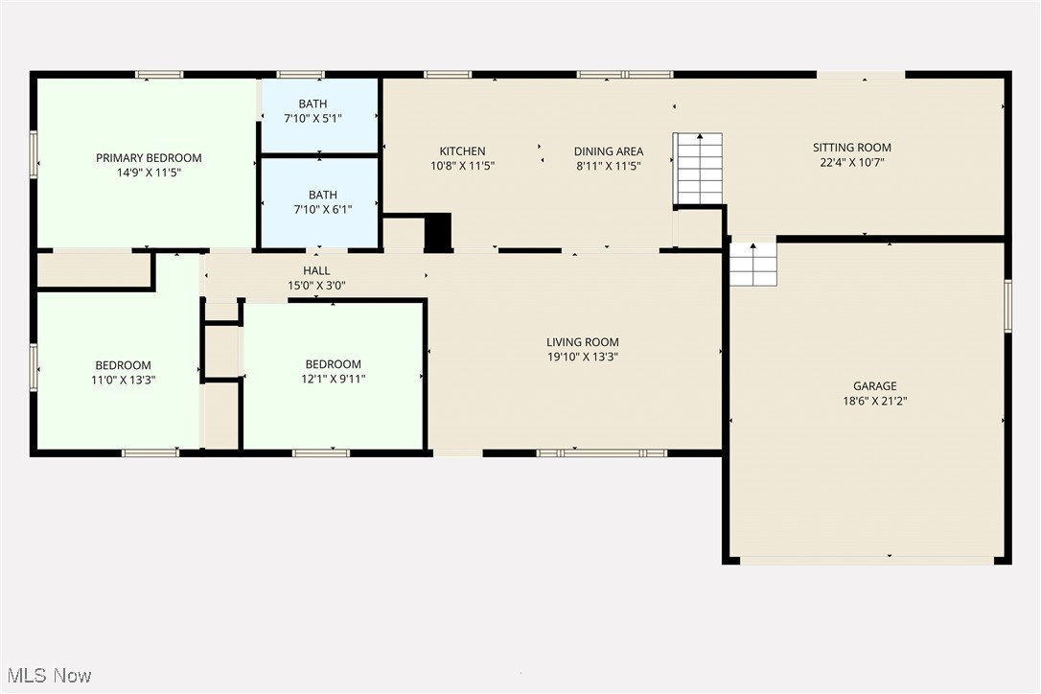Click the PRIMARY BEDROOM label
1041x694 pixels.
(x=149, y=158)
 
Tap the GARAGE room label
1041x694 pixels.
(x=874, y=386)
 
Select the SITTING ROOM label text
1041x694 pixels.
(x=852, y=148)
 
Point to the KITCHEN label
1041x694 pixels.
(x=462, y=151)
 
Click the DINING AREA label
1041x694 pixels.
(x=608, y=151)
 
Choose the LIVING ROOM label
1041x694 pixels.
(x=582, y=342)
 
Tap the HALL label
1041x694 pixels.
(x=316, y=271)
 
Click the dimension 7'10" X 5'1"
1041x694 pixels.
(x=312, y=119)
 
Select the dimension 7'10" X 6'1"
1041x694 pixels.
(x=323, y=210)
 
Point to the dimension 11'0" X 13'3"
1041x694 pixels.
(x=123, y=380)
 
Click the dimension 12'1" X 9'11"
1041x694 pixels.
(x=334, y=379)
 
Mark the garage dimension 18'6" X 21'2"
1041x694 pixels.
(x=874, y=401)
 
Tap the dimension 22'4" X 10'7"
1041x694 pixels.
(x=852, y=162)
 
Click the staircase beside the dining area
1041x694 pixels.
(x=699, y=169)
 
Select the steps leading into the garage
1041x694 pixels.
(x=752, y=264)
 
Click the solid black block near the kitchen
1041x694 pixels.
(x=437, y=232)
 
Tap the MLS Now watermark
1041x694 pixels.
(x=49, y=676)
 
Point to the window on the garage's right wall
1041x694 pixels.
(x=1007, y=306)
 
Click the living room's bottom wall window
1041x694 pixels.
(x=601, y=453)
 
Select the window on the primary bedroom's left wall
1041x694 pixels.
(x=34, y=154)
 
